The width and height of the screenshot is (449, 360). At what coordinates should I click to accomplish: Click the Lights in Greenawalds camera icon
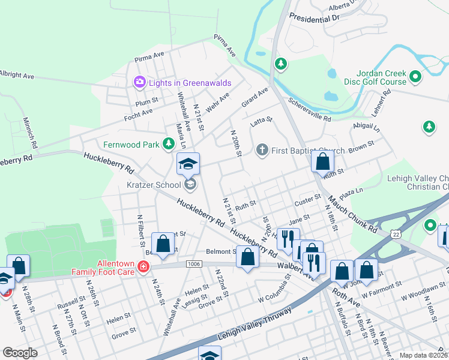coord(139,81)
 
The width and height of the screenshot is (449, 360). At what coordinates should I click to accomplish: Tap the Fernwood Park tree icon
coord(170,144)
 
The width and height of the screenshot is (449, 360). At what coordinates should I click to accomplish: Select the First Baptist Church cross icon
coord(261,149)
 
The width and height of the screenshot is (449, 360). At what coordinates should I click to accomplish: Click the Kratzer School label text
coord(153,185)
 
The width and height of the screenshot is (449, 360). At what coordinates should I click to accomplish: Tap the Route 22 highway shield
coord(394,232)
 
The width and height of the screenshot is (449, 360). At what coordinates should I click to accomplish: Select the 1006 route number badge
coord(194,263)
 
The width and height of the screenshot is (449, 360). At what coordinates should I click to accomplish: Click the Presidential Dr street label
coord(314,17)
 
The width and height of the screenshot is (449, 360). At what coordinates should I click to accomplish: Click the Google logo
coord(20,353)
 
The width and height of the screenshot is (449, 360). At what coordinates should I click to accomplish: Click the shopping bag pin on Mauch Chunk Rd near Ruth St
coord(323,161)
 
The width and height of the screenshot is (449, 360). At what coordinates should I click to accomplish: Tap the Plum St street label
coord(146,101)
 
